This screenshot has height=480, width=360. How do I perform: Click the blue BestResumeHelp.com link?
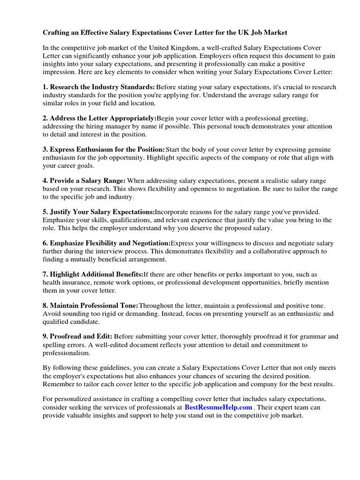218,407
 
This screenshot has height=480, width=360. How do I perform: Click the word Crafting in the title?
57,33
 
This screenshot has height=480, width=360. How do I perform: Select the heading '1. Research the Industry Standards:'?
98,87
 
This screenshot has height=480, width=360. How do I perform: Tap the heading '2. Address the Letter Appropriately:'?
99,119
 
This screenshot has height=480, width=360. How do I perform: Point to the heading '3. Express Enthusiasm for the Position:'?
104,150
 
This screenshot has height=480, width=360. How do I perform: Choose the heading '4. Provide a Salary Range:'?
84,180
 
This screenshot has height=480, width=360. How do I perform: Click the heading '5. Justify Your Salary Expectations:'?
98,212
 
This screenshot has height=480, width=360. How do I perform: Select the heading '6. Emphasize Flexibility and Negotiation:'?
106,243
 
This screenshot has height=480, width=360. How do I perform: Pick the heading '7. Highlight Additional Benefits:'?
93,274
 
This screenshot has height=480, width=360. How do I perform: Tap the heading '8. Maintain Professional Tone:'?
90,305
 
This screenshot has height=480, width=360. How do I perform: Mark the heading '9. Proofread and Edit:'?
77,337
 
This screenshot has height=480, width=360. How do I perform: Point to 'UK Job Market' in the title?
265,33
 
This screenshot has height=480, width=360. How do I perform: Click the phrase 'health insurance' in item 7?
66,283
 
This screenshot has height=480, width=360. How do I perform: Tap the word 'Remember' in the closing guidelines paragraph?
58,384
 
